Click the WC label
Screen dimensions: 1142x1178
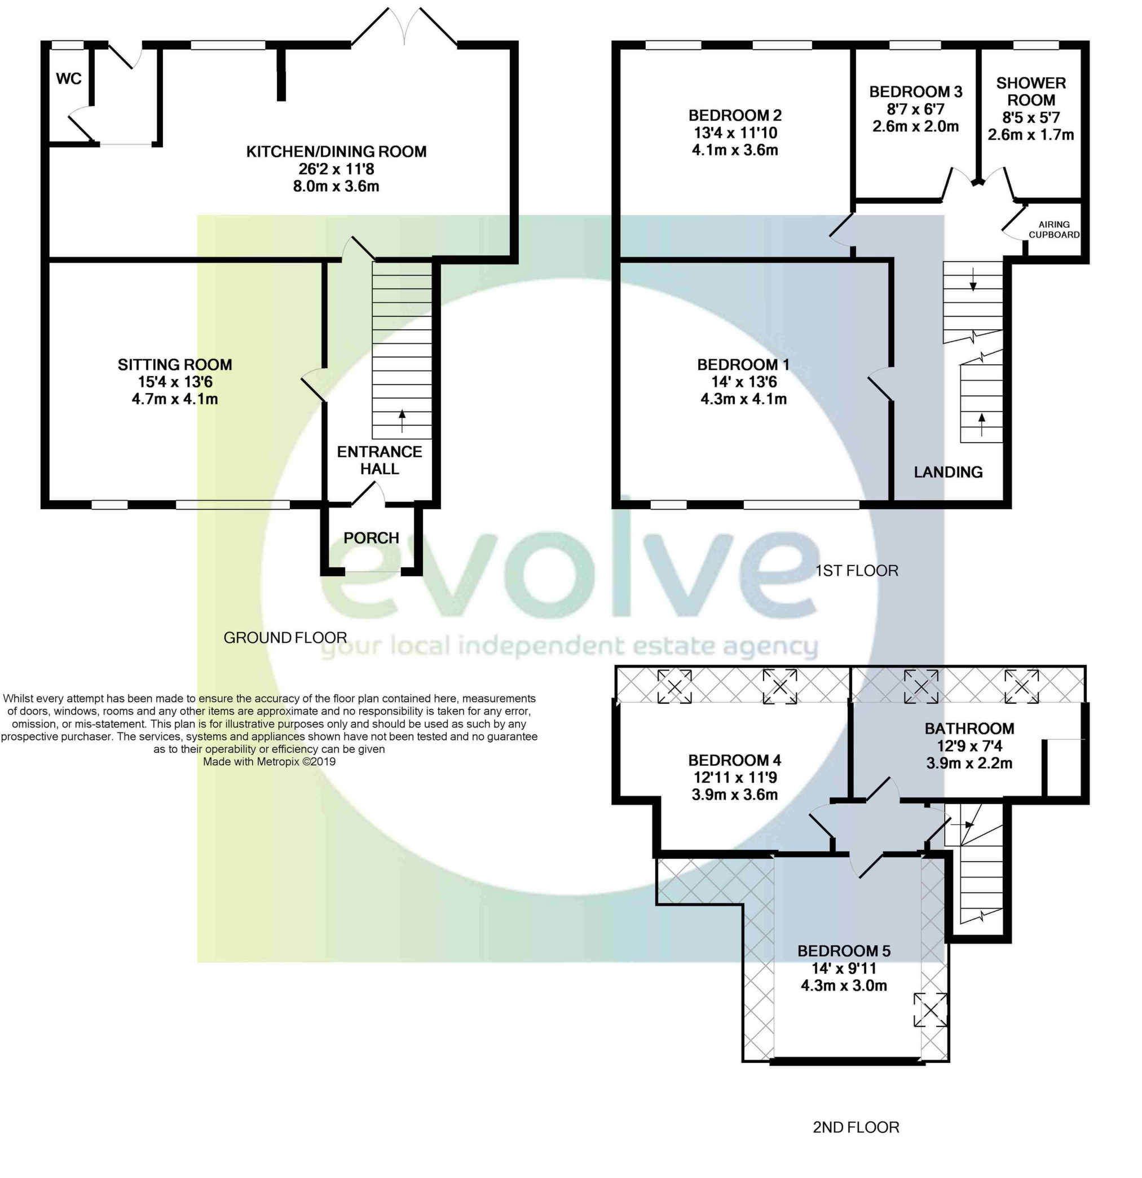[69, 79]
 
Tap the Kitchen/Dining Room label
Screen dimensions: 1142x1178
[336, 152]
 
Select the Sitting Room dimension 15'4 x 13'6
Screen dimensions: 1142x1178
[175, 382]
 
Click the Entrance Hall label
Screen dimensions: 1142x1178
[380, 460]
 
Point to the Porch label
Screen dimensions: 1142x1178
[371, 538]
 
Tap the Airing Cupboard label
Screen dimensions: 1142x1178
[1053, 230]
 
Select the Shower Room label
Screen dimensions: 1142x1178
[1031, 91]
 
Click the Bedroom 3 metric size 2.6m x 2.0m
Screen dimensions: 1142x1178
[915, 126]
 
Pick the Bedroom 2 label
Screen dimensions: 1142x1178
[735, 116]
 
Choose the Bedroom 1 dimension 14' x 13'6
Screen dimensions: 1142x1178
[743, 382]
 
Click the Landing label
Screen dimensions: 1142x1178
[948, 472]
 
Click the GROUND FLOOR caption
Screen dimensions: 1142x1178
[285, 638]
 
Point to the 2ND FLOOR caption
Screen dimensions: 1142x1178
[856, 1127]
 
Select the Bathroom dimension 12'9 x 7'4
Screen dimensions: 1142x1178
[969, 746]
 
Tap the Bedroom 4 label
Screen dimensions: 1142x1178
[734, 760]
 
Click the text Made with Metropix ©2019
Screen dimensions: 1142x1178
[269, 761]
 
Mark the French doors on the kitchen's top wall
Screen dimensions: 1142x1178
[404, 28]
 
